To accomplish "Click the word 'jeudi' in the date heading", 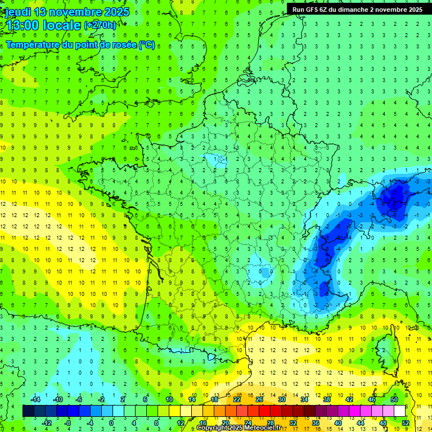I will (x=18, y=12).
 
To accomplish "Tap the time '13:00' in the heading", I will (x=22, y=26).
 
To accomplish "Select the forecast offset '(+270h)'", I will (x=101, y=25).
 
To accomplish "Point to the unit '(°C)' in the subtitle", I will (x=147, y=45).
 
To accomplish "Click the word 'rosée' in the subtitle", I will (x=124, y=45).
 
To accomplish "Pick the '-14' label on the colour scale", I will (x=35, y=400).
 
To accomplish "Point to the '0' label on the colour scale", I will (x=111, y=423).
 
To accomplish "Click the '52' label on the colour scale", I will (x=406, y=423).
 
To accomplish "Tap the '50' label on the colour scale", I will (x=394, y=400).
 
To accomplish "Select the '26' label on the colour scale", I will (x=259, y=400).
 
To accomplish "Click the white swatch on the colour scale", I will (x=399, y=411).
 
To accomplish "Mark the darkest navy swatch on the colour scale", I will (x=28, y=411).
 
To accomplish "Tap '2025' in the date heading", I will (x=116, y=12).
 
